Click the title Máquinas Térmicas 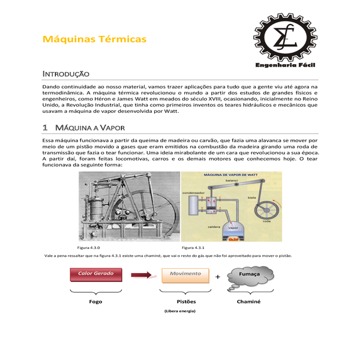pyautogui.click(x=94, y=39)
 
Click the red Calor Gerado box pyautogui.click(x=96, y=274)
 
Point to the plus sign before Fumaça pyautogui.click(x=217, y=277)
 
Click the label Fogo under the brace pyautogui.click(x=96, y=301)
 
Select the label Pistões pyautogui.click(x=187, y=301)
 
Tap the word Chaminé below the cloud pyautogui.click(x=248, y=301)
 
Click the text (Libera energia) pyautogui.click(x=180, y=311)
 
